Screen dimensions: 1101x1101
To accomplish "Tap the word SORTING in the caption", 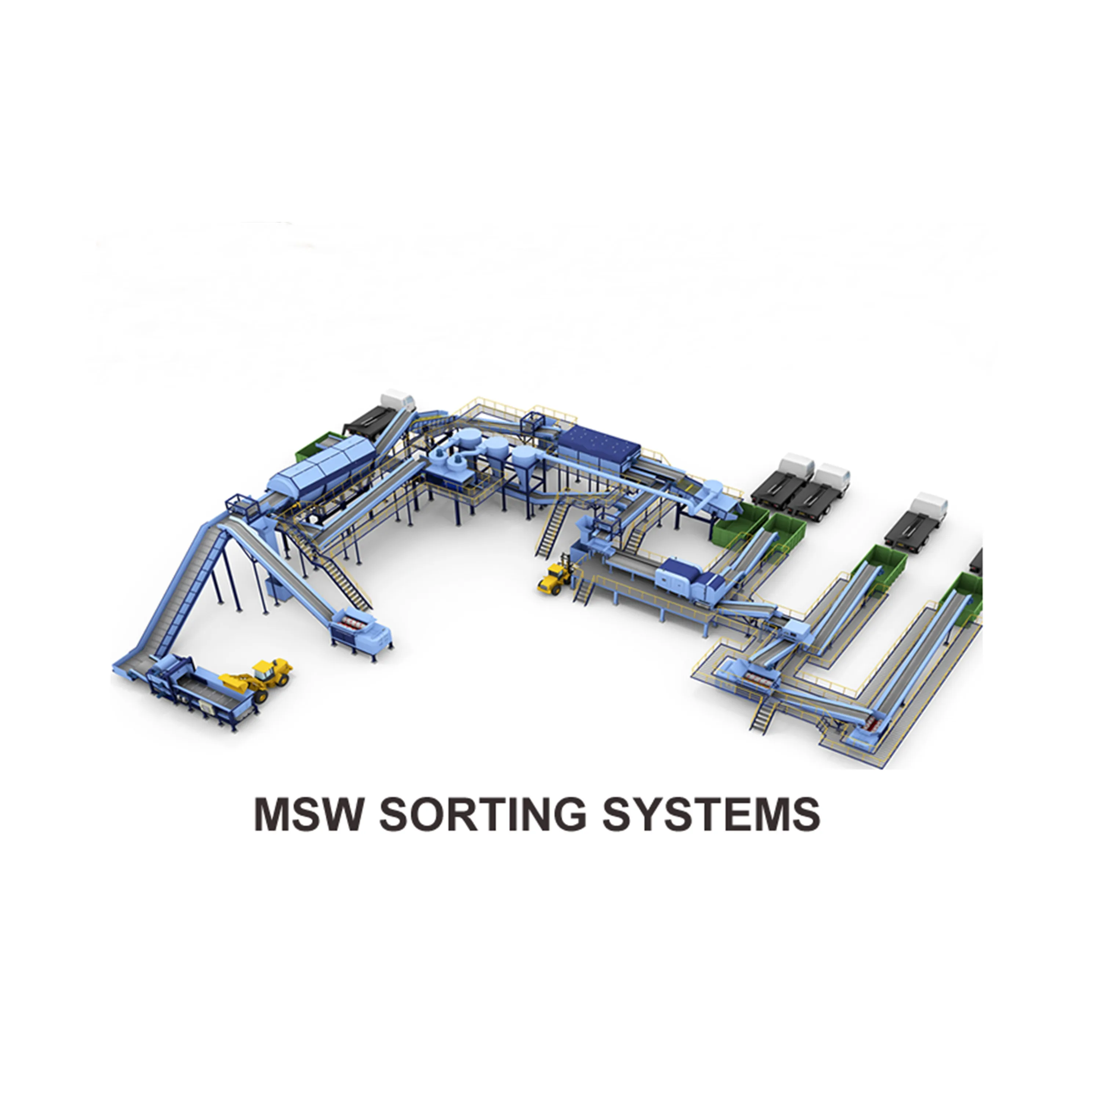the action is pyautogui.click(x=482, y=814).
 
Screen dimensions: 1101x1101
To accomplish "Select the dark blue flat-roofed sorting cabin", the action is pyautogui.click(x=598, y=447).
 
